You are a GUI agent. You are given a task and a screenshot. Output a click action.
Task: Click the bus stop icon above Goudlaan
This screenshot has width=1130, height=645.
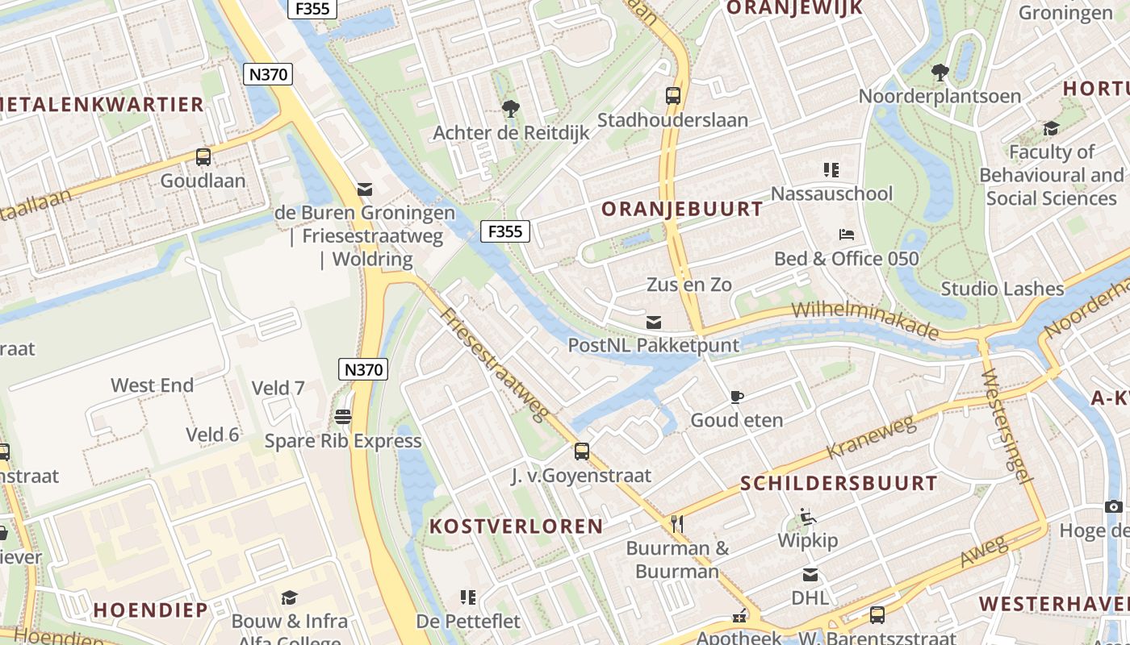[x=203, y=157]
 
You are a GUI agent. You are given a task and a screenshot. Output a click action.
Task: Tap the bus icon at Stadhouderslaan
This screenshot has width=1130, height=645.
[x=672, y=96]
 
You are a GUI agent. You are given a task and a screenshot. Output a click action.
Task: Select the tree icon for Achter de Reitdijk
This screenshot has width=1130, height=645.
[x=510, y=108]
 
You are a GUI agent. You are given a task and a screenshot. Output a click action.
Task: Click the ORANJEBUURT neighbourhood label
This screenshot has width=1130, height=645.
[x=682, y=210]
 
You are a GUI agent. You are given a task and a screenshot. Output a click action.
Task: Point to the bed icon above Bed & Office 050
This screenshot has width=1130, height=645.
[x=847, y=235]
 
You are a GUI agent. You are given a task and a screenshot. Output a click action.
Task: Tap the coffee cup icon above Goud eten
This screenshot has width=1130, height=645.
[x=736, y=397]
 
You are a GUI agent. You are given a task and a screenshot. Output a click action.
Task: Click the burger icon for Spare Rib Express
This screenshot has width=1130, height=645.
[x=343, y=417]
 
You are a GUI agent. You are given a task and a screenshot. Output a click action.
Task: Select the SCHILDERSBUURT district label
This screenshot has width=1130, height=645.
[x=839, y=484]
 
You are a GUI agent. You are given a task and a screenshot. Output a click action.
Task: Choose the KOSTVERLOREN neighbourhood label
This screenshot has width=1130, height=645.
[x=517, y=526]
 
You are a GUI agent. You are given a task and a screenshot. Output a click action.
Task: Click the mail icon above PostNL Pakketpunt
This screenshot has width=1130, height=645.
[x=654, y=322]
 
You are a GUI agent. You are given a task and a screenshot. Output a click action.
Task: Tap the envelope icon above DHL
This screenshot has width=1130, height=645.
[x=810, y=575]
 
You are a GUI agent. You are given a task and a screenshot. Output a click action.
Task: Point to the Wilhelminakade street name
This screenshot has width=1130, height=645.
[x=865, y=321]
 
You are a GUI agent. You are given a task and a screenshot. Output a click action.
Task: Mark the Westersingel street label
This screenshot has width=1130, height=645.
[x=1008, y=427]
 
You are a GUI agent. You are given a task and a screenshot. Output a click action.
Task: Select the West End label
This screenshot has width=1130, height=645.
[x=152, y=385]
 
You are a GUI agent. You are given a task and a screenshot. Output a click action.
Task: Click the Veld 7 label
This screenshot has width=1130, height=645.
[x=278, y=389]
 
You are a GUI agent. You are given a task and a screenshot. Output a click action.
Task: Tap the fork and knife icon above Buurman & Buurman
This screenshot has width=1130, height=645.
[x=677, y=525]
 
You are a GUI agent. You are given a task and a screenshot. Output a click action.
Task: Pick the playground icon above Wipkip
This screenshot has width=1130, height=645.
[x=807, y=517]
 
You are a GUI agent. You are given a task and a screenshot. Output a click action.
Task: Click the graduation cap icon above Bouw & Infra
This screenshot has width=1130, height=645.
[x=289, y=597]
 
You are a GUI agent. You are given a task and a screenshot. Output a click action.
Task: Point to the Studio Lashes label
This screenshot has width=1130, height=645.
[x=1002, y=289]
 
